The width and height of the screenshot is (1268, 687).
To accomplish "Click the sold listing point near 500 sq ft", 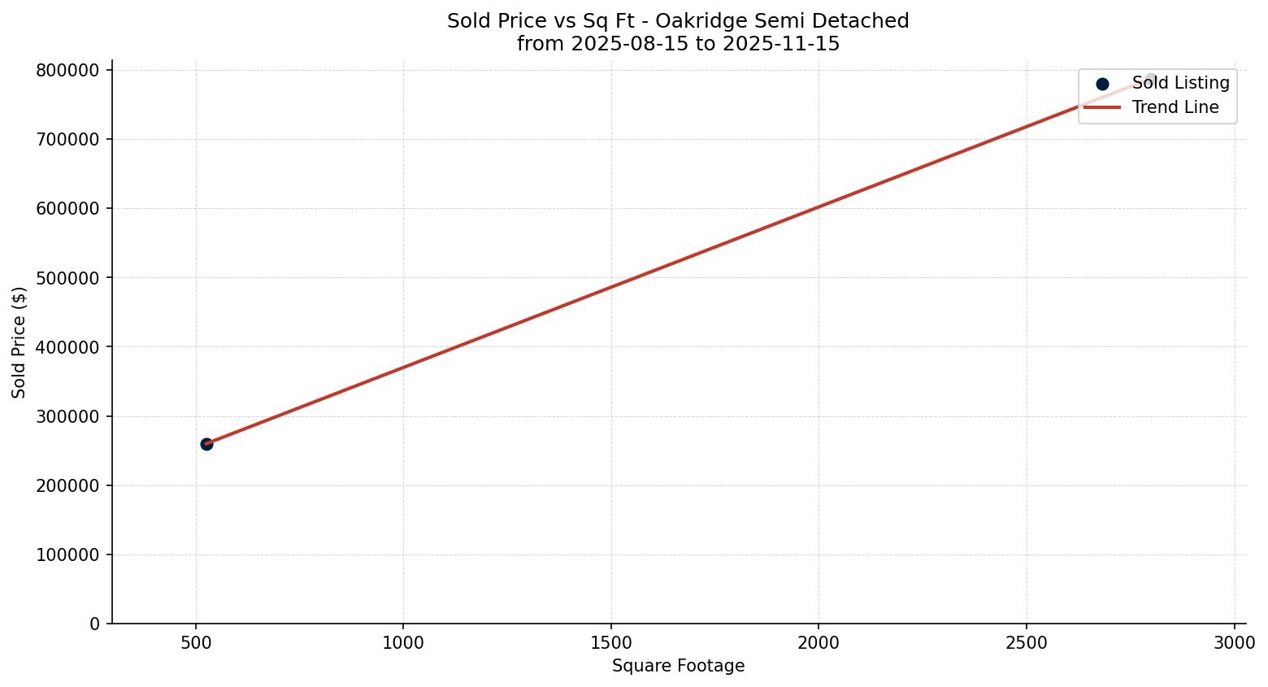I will pos(206,444).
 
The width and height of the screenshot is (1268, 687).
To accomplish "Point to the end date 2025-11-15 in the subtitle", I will pos(787,44).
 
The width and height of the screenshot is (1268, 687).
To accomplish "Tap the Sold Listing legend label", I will pos(1180,83).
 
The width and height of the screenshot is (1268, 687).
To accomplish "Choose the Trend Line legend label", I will pos(1175,107).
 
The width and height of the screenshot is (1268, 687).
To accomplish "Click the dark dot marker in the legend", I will pos(1102,84).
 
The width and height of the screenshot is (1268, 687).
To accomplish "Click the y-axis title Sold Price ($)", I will pos(20,342).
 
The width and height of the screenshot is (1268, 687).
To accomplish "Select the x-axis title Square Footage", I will pos(678,666).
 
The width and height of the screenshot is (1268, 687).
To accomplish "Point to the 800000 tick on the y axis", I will pos(68,71).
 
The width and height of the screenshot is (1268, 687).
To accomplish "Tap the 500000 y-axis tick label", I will pos(68,278).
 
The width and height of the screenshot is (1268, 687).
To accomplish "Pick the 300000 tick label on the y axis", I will pos(68,416).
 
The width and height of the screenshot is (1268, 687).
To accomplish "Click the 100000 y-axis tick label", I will pos(68,555).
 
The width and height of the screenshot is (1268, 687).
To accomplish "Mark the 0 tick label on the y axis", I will pos(95,624).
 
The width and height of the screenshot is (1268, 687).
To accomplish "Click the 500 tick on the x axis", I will pos(196,643).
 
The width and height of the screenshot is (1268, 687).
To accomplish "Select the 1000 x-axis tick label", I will pos(403,643).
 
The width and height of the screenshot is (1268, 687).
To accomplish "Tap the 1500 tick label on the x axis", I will pos(610,643).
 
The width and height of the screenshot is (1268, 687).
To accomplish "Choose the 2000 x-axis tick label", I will pos(819,643).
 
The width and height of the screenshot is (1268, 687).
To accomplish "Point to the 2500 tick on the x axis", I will pos(1026,643).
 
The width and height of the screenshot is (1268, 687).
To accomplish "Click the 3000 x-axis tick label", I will pos(1234,643).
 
